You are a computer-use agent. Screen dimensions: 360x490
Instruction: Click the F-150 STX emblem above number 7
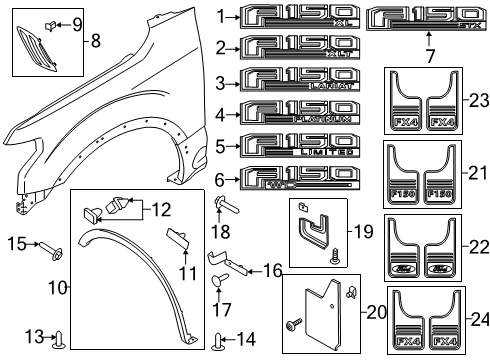tap(426, 18)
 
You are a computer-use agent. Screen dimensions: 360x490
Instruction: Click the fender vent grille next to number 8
tap(33, 46)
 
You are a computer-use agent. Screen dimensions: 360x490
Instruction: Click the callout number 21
tap(475, 173)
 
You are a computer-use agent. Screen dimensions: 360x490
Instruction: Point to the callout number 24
tap(475, 321)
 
